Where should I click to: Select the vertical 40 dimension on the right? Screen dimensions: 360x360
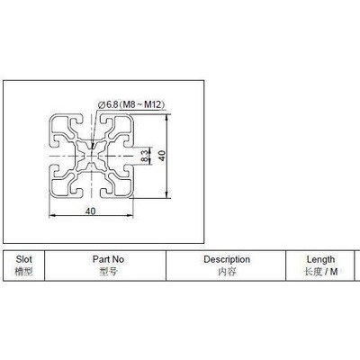pos(162,155)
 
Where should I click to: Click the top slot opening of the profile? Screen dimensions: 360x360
pos(90,117)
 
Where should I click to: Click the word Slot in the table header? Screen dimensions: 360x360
pos(24,259)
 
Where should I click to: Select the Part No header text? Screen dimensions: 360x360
pos(109,259)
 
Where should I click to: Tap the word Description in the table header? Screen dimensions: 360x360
pos(226,259)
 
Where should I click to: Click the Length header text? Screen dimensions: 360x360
pos(320,259)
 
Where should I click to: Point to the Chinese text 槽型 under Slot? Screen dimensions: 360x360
pos(24,271)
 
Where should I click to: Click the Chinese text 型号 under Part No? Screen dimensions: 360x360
pos(109,271)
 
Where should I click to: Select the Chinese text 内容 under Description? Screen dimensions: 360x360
pos(226,271)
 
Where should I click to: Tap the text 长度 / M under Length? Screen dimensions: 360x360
pos(320,271)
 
